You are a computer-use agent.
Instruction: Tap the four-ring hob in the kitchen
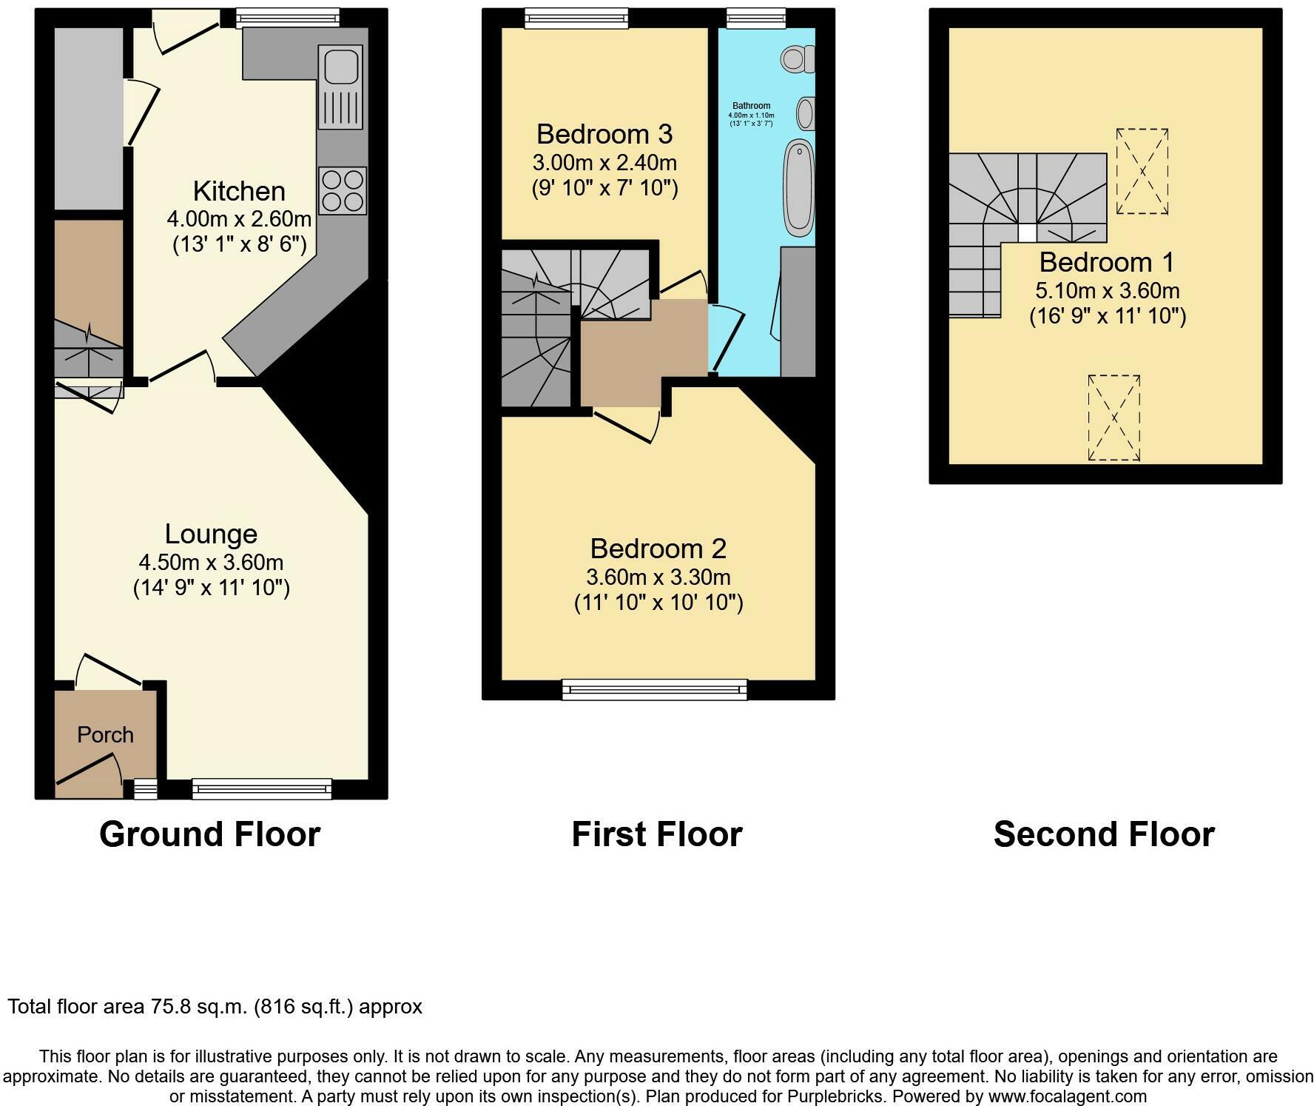click(x=342, y=191)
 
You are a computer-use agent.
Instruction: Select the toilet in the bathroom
click(x=797, y=58)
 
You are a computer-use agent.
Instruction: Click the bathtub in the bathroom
click(x=799, y=187)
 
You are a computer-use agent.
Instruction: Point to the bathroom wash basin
click(x=806, y=114)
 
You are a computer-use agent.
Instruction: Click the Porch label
click(x=106, y=734)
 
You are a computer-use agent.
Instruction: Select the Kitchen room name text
click(x=239, y=191)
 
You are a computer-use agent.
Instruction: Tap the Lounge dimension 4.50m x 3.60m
click(x=211, y=562)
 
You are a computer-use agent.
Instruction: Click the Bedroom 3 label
click(x=604, y=134)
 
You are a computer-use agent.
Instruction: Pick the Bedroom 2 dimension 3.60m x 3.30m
click(x=658, y=577)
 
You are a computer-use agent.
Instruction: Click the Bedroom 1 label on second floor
click(x=1106, y=262)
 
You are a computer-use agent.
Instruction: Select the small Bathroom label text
click(x=751, y=106)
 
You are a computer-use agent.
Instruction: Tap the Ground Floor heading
click(x=209, y=834)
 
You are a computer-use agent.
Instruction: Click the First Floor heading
click(x=656, y=834)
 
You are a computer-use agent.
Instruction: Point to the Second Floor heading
click(x=1104, y=834)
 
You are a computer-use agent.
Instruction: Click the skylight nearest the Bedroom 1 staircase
click(x=1142, y=172)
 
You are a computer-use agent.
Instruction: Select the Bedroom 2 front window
click(x=655, y=690)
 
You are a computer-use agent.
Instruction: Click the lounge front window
click(x=262, y=789)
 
